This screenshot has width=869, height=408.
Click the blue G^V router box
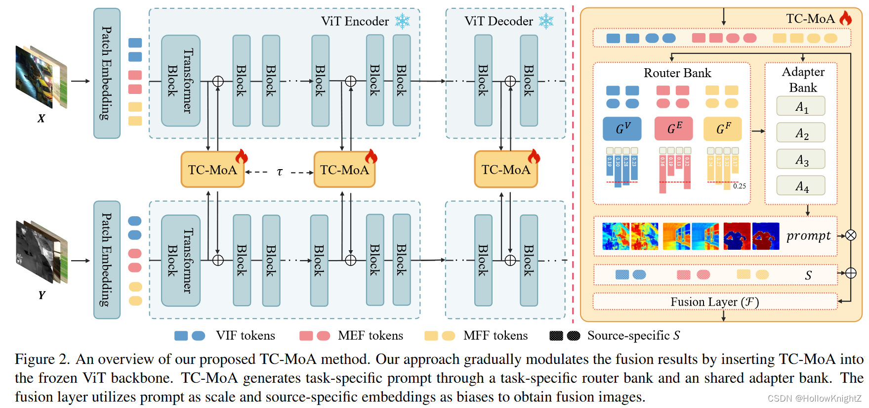pos(622,129)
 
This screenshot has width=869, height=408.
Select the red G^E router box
pos(673,129)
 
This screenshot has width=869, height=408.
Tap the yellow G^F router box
pos(722,129)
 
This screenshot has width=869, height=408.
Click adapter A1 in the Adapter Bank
pos(801,106)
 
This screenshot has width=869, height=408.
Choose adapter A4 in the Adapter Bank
pos(801,185)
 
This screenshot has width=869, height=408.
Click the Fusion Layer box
pos(714,302)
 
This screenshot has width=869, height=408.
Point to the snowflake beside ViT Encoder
pos(403,21)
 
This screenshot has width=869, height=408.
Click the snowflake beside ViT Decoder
pos(546,21)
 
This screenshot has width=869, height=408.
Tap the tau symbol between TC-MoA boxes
pos(280,172)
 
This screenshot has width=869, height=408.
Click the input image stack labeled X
pos(41,77)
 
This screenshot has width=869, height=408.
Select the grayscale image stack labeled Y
pos(41,252)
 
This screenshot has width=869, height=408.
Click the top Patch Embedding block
pos(107,73)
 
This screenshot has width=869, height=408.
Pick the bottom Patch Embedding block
pos(107,260)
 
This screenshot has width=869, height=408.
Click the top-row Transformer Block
pos(180,81)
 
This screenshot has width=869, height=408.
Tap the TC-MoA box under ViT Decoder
pos(505,170)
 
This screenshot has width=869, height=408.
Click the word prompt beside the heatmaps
pos(808,235)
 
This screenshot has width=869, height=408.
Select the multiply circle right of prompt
pos(851,235)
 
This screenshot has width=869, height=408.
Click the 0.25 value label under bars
pos(740,186)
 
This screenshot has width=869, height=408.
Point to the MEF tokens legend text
pos(370,336)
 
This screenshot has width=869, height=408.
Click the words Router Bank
pos(677,73)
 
